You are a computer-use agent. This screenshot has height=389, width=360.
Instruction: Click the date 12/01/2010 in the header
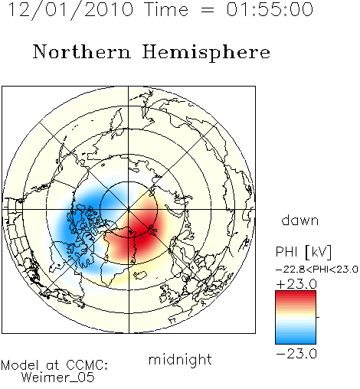pyautogui.click(x=70, y=9)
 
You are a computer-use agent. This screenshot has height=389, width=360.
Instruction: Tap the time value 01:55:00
pyautogui.click(x=270, y=9)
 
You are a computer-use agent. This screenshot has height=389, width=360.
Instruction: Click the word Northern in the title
pyautogui.click(x=82, y=52)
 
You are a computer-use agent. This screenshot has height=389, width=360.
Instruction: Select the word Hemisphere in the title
pyautogui.click(x=206, y=53)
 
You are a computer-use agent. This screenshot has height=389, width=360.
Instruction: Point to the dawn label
pyautogui.click(x=300, y=221)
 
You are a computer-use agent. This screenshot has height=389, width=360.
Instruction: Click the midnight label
pyautogui.click(x=180, y=359)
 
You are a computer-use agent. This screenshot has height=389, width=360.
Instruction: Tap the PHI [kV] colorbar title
pyautogui.click(x=303, y=252)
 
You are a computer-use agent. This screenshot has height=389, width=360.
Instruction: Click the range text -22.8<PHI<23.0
pyautogui.click(x=316, y=270)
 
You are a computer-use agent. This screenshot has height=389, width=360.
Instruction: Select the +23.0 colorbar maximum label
pyautogui.click(x=296, y=284)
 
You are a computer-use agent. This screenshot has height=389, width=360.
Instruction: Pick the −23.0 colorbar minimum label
pyautogui.click(x=296, y=354)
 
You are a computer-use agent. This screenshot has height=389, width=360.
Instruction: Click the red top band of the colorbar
pyautogui.click(x=296, y=294)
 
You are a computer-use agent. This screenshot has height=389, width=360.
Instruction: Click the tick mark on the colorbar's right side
pyautogui.click(x=318, y=317)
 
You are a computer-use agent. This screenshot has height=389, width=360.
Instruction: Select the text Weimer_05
pyautogui.click(x=58, y=377)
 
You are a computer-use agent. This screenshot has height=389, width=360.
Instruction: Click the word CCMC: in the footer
pyautogui.click(x=87, y=365)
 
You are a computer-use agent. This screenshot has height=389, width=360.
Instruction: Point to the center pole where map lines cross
pyautogui.click(x=129, y=209)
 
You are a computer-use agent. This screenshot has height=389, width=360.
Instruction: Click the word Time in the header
pyautogui.click(x=166, y=9)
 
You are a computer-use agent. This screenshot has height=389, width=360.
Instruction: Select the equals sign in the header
pyautogui.click(x=207, y=11)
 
